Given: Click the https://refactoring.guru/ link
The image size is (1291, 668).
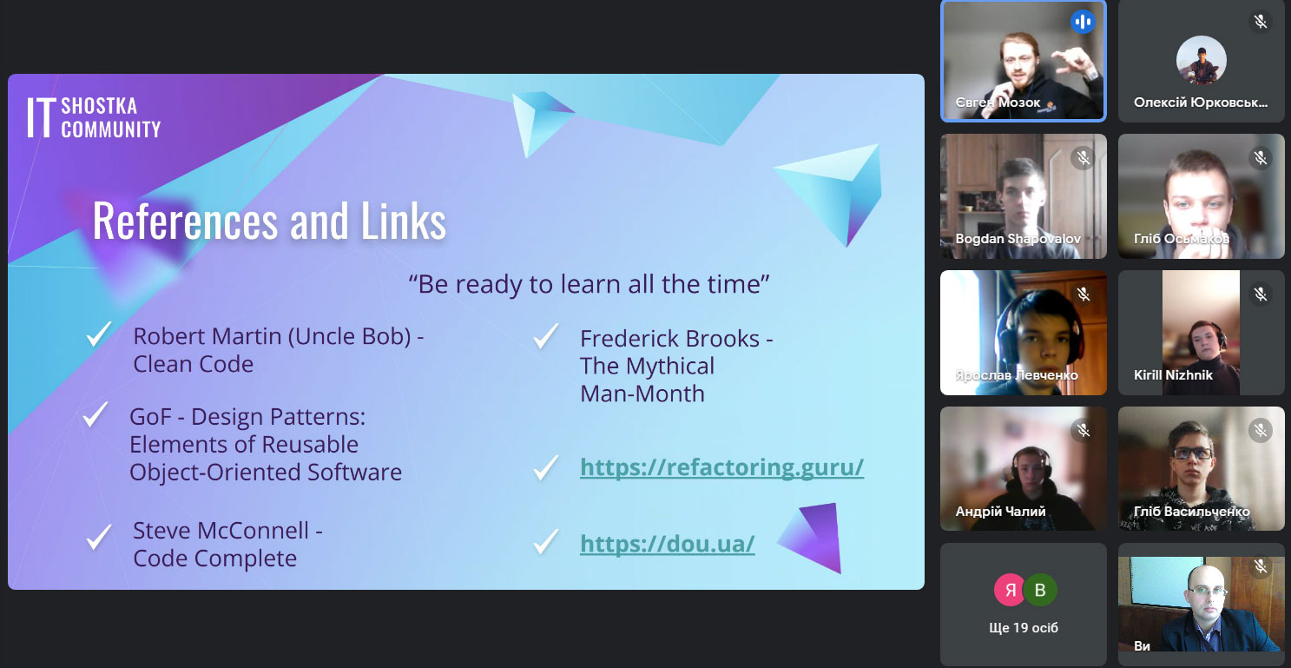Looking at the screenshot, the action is pos(721,467).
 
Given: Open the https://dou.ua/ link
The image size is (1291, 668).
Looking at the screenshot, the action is pos(668,544).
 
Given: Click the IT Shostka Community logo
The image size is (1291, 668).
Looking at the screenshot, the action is pos(94,117).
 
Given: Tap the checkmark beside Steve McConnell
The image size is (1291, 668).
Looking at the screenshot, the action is pos(99,538).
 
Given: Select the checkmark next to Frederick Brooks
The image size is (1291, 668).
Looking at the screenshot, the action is pos(546,336).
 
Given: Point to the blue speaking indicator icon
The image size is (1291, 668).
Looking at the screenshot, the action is pos(1083,22).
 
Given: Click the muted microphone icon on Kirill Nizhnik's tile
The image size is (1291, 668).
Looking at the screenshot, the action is pos(1261,294).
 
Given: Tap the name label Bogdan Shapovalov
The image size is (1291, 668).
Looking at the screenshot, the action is pos(1018,239).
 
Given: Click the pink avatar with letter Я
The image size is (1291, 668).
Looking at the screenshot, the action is pos(1010,590).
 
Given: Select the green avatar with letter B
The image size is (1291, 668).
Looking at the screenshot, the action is pos(1040,590).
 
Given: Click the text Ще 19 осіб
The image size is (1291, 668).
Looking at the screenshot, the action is pos(1024,628).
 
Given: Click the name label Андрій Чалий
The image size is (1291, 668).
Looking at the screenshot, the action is pos(1000,511).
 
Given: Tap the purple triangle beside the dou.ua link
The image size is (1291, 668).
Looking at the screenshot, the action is pos(813,538).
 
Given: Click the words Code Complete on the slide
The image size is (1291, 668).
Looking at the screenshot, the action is pos(215,559).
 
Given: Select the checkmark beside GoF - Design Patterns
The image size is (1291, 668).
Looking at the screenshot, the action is pos(96,414).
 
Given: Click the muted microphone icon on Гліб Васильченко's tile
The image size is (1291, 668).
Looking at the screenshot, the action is pos(1261,430).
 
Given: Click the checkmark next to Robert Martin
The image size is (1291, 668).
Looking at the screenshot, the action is pos(99,334).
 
